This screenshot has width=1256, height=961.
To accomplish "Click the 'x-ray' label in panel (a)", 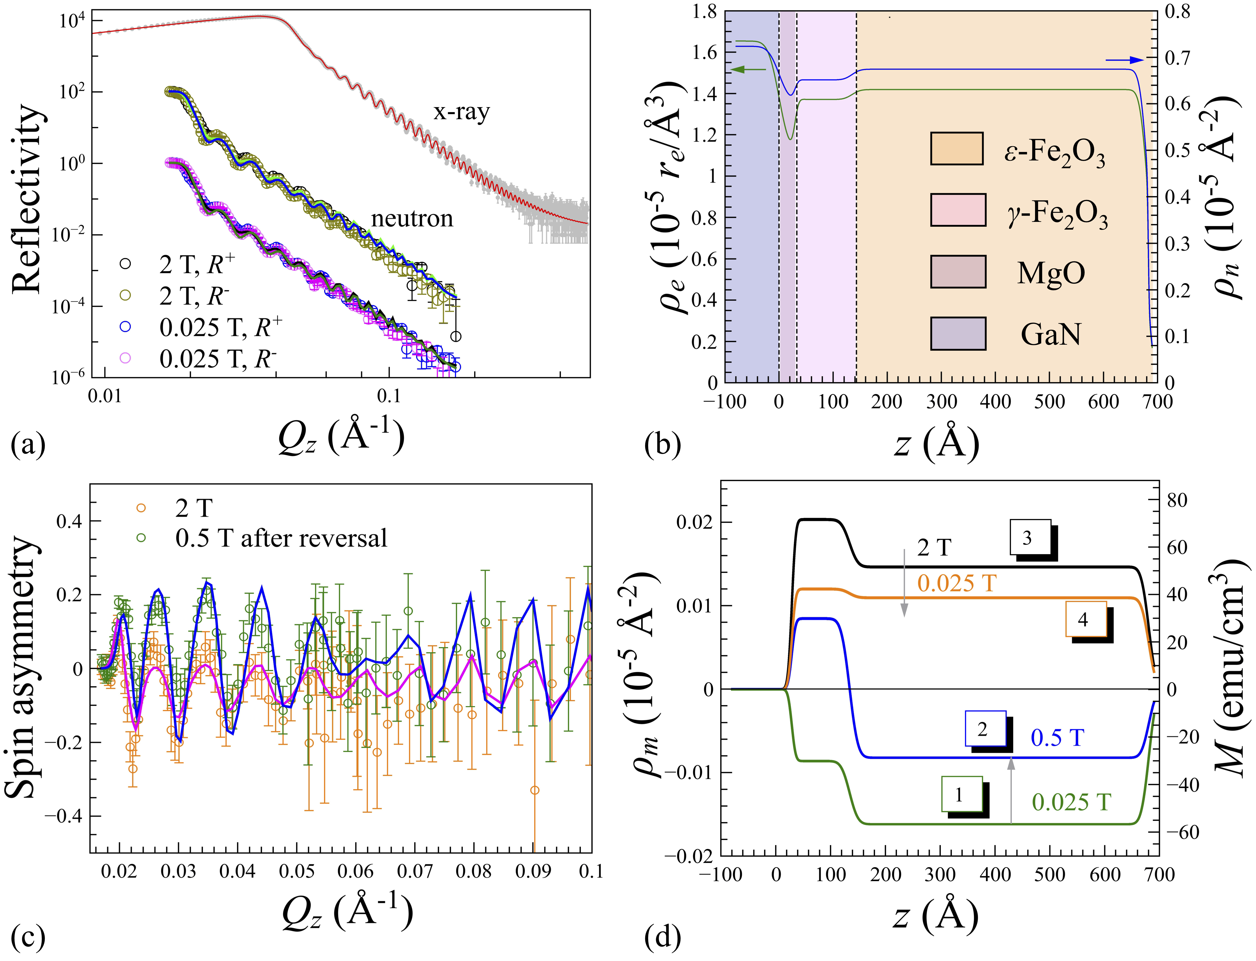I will tap(461, 112).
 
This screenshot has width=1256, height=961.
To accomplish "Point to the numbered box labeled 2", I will tap(985, 729).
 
